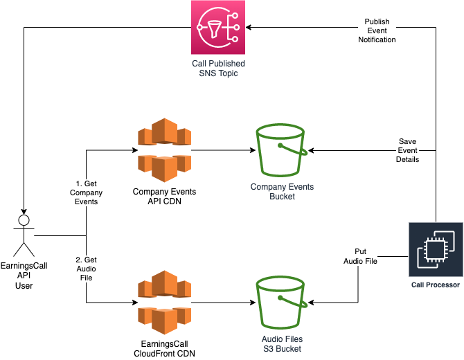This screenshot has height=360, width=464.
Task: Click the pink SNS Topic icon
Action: pos(218,27)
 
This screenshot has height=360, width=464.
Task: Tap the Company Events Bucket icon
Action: pos(282,150)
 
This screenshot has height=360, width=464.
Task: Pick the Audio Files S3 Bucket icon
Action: pos(282,302)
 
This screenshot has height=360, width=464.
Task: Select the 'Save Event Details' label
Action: pos(408,150)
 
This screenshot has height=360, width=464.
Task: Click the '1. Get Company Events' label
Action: pos(87,192)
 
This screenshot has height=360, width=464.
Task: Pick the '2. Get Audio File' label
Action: pos(87,268)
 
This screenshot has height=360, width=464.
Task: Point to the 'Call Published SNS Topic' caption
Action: pos(218,68)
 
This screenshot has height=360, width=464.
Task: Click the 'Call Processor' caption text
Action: pos(436,285)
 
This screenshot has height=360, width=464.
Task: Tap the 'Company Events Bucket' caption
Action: pos(282,192)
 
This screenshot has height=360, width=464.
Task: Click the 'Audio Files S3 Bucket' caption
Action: pos(282,344)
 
